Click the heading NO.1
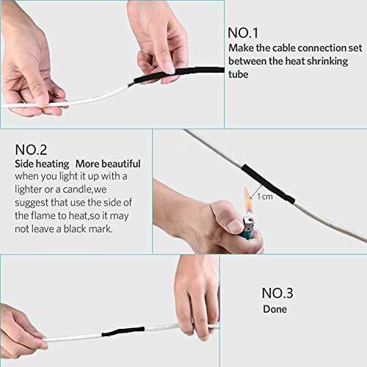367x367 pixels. point(243,33)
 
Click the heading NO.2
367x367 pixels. point(31,150)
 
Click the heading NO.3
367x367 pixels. point(277,293)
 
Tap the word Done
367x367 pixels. point(275,309)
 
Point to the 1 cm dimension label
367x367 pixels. point(265,197)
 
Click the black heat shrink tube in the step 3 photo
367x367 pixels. point(123,331)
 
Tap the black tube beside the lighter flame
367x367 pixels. point(267,183)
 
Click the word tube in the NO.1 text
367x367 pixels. point(238,74)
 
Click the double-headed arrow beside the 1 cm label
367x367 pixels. point(256,192)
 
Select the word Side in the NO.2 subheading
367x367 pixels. point(23,164)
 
